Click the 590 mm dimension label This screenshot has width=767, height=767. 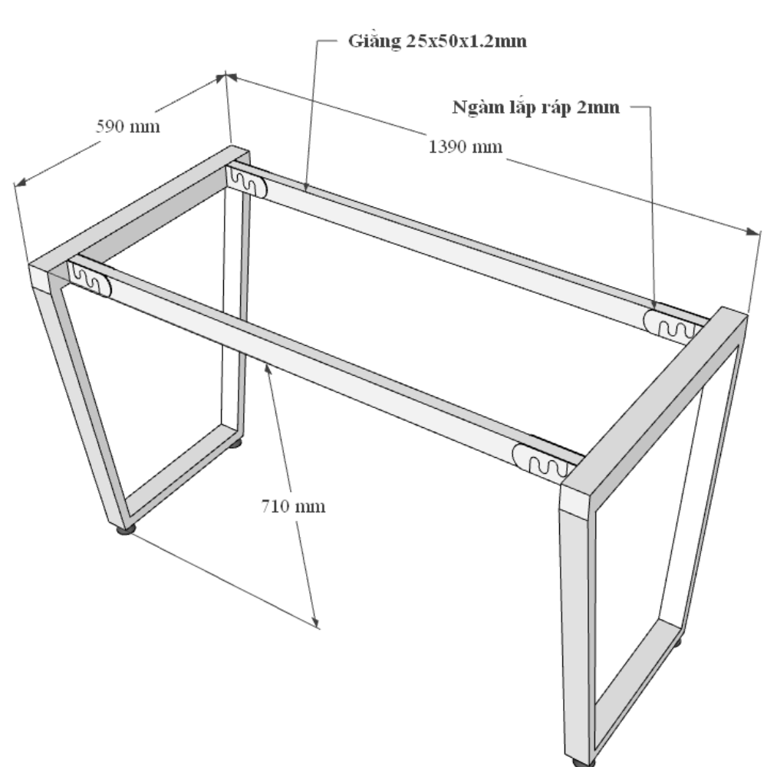[x=127, y=127]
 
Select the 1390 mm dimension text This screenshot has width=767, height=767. [x=466, y=146]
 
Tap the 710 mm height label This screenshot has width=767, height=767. [x=293, y=505]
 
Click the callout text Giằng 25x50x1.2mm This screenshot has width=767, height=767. [x=437, y=41]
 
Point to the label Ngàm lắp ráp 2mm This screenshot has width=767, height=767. [x=535, y=107]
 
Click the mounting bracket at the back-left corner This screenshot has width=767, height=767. [x=247, y=182]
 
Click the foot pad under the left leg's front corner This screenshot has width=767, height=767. [x=127, y=529]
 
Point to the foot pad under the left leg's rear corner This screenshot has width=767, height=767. [x=235, y=443]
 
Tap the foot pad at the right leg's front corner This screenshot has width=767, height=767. [x=584, y=762]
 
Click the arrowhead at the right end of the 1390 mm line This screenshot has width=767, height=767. [x=753, y=231]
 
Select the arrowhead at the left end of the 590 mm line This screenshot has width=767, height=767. [x=20, y=182]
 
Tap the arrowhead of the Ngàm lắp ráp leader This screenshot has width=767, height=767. [x=654, y=304]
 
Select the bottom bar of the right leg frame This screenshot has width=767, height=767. [x=637, y=686]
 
